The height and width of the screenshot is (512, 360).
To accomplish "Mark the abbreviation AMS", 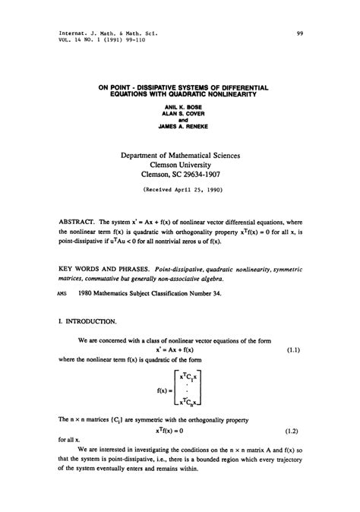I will pyautogui.click(x=64, y=294).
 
